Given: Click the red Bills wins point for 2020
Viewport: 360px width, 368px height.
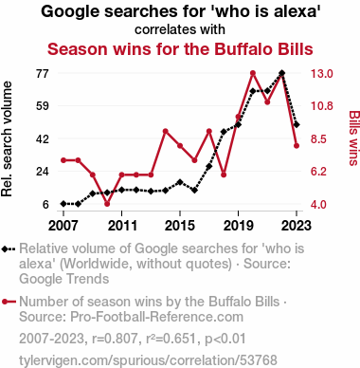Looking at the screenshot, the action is [253, 73].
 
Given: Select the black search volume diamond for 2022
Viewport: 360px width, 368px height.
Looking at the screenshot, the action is [282, 73].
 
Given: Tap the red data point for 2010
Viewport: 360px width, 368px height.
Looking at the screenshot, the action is [107, 204].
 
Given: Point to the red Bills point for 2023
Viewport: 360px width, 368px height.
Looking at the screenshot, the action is [297, 146].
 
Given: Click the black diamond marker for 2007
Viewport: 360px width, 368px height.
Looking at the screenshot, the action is [63, 204].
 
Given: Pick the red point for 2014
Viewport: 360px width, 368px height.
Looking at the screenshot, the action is [165, 131].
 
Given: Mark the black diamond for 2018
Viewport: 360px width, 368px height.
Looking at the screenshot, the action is [224, 132].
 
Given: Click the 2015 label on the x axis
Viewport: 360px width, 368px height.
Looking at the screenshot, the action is [180, 226].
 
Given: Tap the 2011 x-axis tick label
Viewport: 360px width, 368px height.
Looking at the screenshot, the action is [122, 226].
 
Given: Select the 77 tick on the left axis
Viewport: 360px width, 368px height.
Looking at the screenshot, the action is [43, 74].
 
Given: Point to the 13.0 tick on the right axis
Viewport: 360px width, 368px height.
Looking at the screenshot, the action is [322, 74].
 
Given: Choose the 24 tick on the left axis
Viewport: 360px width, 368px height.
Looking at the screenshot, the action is [43, 172].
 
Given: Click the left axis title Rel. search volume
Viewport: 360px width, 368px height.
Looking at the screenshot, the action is [7, 138].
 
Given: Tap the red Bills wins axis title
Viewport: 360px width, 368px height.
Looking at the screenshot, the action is [354, 138].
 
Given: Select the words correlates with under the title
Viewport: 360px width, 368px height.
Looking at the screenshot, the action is [180, 29].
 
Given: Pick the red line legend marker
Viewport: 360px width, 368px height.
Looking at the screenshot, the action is [9, 302].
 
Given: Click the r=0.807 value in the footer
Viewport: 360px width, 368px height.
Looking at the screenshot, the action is [115, 339].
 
